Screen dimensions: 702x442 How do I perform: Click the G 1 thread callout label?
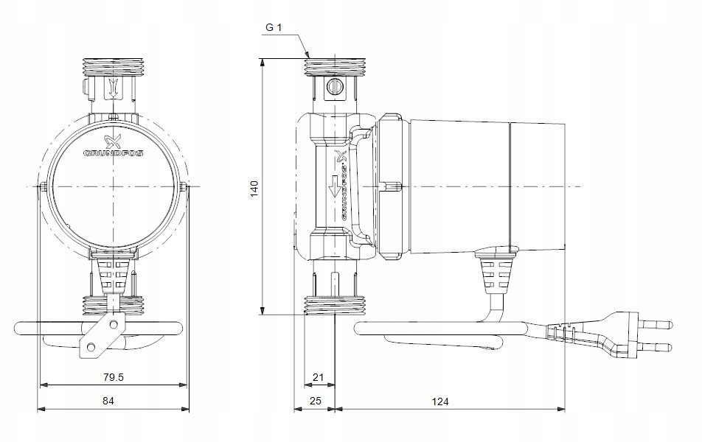pos(274,27)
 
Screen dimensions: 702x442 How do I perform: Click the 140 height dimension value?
pos(254,189)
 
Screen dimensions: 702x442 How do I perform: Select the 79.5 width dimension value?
pos(113,377)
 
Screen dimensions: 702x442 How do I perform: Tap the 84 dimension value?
pos(108,401)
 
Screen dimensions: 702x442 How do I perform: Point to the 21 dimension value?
pos(318,377)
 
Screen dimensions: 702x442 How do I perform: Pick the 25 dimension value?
pos(316,401)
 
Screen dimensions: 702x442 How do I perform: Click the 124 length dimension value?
pos(440,401)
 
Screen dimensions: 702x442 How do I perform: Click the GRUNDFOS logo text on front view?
pos(114,153)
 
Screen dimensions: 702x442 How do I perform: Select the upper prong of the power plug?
pos(656,323)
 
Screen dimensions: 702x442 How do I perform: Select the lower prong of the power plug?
pos(656,347)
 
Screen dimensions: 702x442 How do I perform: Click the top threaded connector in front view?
pos(113,67)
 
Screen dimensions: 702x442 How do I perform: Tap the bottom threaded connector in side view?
pos(336,305)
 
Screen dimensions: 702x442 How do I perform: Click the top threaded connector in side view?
pos(336,67)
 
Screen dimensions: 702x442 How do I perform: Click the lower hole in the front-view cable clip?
pos(91,346)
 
